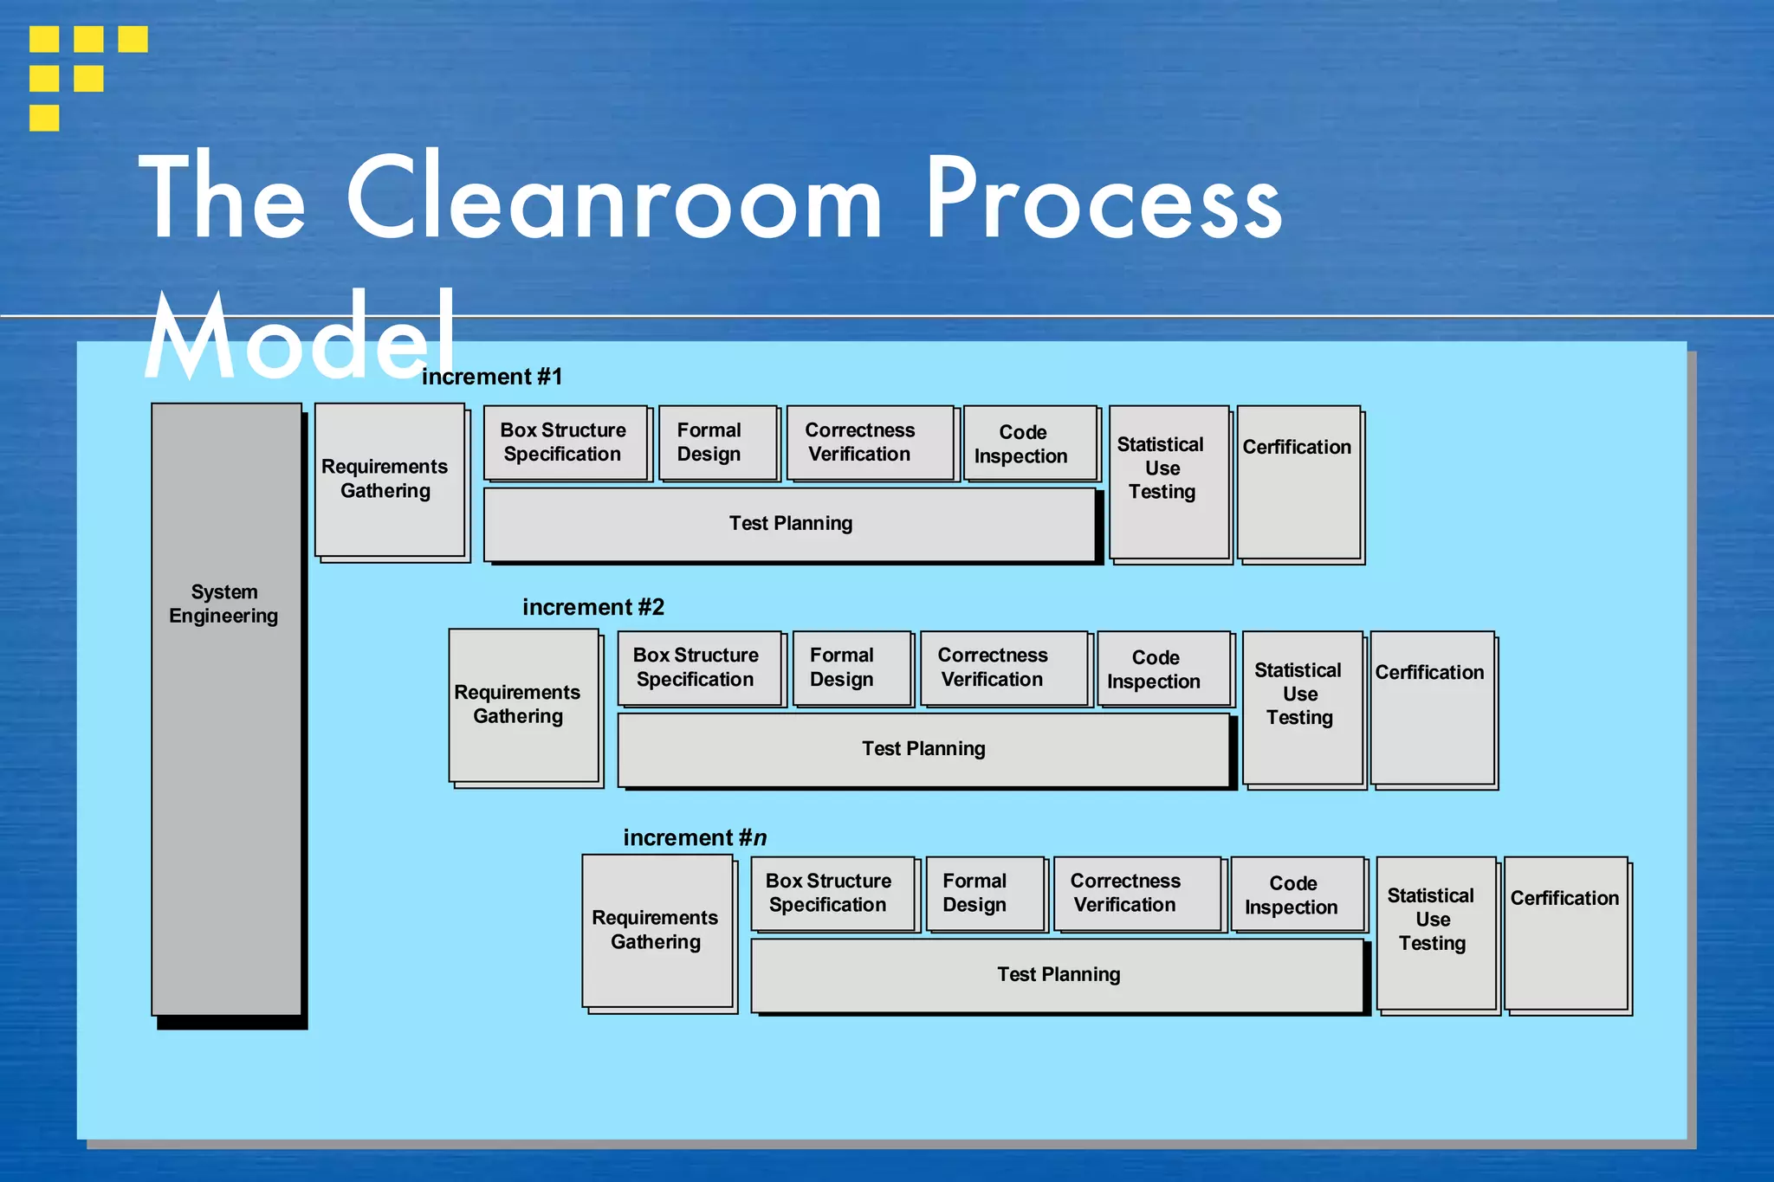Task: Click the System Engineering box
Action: point(226,708)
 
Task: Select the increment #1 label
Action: point(492,377)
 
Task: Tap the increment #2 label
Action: point(593,607)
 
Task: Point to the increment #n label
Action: point(695,837)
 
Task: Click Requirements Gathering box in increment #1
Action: point(390,480)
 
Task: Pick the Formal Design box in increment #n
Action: point(985,894)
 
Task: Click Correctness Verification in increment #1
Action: point(870,442)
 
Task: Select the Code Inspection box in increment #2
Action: point(1162,669)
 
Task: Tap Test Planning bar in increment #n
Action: point(1058,975)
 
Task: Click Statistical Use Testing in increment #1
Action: point(1169,481)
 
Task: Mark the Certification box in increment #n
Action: point(1566,933)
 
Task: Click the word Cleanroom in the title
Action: point(613,198)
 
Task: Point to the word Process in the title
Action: point(1102,198)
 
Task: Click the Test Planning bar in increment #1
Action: point(790,524)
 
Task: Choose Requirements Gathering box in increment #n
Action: point(657,930)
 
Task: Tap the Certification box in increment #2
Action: point(1433,707)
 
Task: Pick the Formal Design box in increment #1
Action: point(717,442)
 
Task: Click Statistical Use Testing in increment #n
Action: point(1435,933)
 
